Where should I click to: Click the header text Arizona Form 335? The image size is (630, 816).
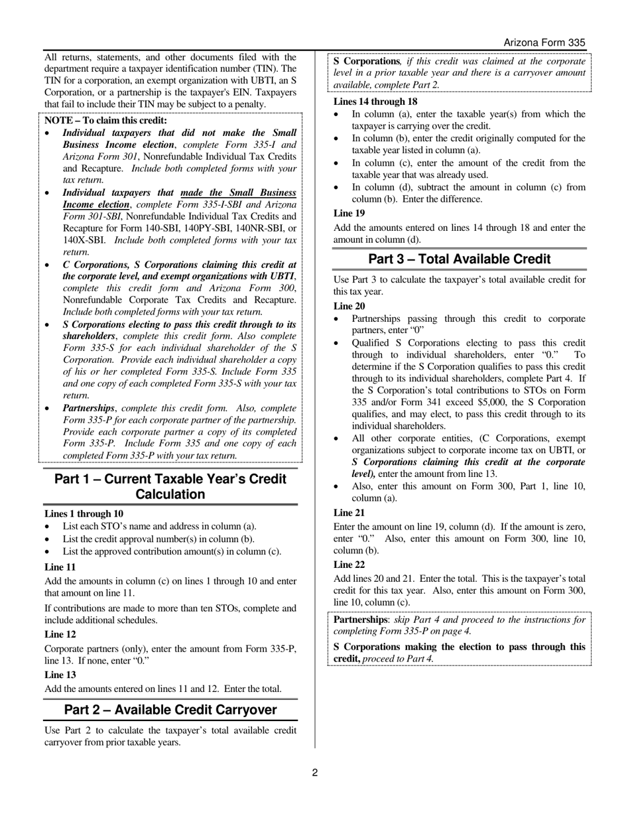click(x=544, y=42)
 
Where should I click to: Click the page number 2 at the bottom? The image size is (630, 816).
click(x=315, y=772)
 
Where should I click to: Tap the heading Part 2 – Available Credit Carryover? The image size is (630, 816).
click(x=170, y=710)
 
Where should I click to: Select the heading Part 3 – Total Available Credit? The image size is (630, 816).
click(x=459, y=259)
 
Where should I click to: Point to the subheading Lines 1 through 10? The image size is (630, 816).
click(x=84, y=513)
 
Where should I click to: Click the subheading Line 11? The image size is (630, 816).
click(x=60, y=567)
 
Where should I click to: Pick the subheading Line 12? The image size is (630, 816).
click(x=60, y=634)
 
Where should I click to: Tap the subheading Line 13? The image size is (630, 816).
click(x=60, y=675)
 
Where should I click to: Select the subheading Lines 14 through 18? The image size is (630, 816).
click(x=375, y=102)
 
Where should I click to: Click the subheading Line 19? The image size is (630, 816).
click(x=349, y=213)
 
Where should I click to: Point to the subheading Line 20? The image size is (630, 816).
click(x=349, y=306)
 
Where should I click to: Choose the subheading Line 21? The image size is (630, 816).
click(x=349, y=513)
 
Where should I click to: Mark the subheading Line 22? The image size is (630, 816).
click(x=349, y=565)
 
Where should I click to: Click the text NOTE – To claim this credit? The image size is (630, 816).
click(x=106, y=120)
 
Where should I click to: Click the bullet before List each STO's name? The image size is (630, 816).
click(x=48, y=527)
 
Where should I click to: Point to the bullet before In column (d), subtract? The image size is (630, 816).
click(x=337, y=188)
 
